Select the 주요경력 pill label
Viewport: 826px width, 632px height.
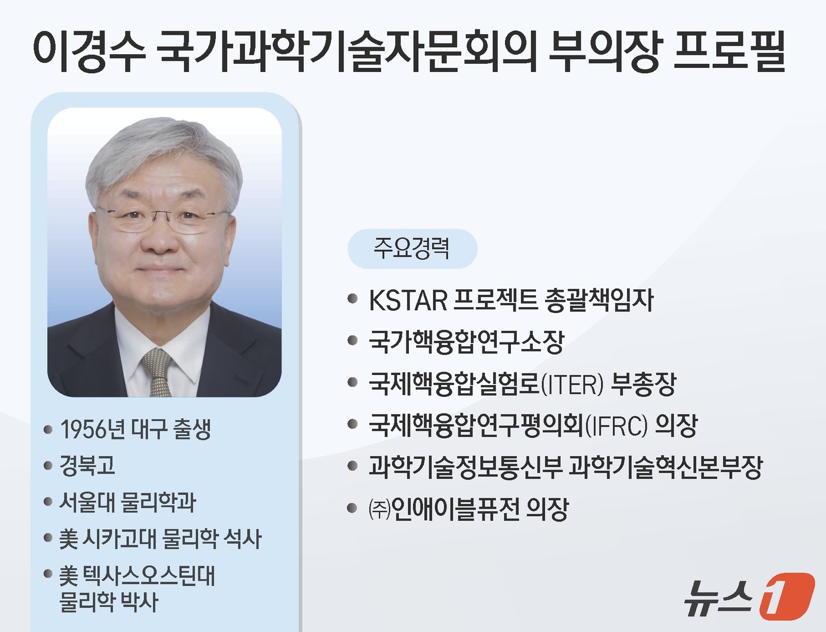click(412, 248)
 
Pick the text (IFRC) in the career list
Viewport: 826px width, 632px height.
click(616, 425)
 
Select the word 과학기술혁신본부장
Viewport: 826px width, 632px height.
click(666, 467)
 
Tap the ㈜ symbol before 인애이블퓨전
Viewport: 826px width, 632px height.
click(379, 509)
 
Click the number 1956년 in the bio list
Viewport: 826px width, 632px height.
click(93, 429)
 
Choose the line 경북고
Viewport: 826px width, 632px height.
click(87, 465)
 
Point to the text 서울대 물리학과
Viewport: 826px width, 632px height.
click(127, 502)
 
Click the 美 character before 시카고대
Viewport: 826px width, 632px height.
click(68, 539)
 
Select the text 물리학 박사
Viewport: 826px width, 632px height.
click(109, 602)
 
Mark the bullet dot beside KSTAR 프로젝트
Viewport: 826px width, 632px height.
click(353, 299)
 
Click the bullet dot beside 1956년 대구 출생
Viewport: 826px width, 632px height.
click(48, 429)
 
